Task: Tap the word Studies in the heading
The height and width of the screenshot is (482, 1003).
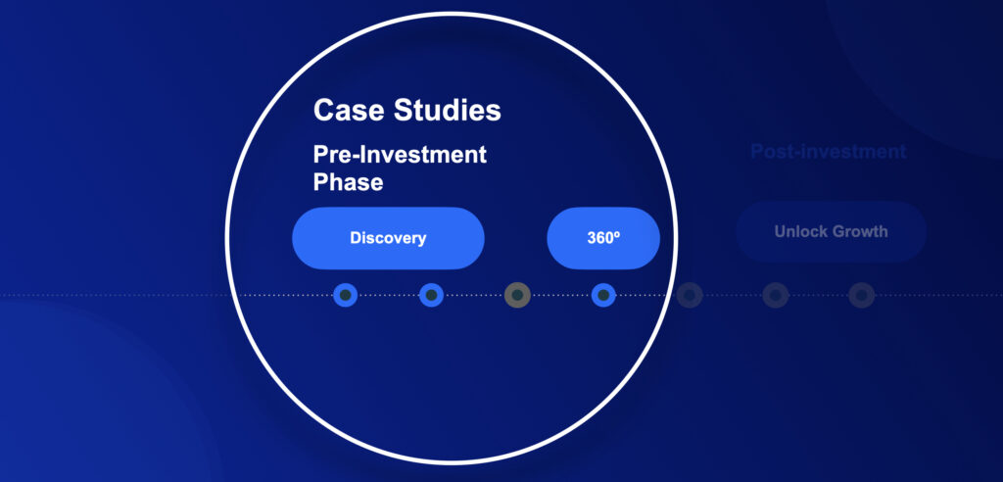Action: click(x=447, y=110)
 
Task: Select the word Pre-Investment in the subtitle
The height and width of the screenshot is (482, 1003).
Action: click(x=400, y=154)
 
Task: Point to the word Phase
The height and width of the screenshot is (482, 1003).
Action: click(x=348, y=182)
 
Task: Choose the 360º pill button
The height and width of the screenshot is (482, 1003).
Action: click(x=603, y=238)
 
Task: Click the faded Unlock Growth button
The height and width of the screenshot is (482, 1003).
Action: click(x=831, y=231)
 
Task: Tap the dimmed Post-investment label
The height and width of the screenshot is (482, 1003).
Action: click(x=828, y=152)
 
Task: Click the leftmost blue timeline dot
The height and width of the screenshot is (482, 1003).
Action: click(x=346, y=295)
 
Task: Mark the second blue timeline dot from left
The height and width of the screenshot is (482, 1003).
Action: click(x=431, y=295)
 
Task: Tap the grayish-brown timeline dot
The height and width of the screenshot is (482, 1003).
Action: click(x=517, y=295)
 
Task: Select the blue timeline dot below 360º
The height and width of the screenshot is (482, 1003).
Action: click(x=603, y=295)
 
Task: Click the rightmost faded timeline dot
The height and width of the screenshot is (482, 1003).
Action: click(x=862, y=295)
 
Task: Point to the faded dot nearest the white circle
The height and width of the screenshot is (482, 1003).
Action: click(x=690, y=295)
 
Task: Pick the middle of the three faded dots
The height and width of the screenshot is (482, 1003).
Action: click(x=776, y=295)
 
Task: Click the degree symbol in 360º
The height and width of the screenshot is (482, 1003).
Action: click(x=617, y=235)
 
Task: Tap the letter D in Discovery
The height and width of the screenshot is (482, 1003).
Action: click(x=356, y=238)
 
